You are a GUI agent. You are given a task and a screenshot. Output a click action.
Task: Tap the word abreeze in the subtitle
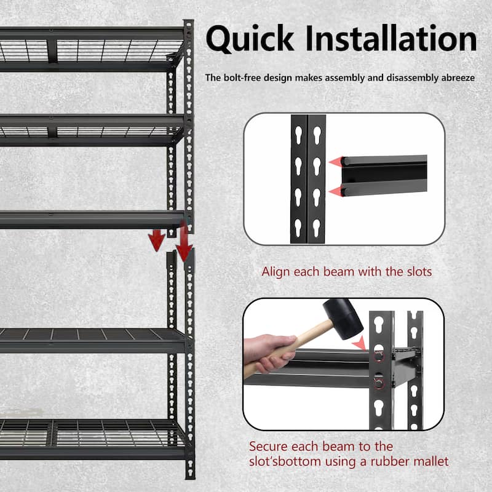[456, 78]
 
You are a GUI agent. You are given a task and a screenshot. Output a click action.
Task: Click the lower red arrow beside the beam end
[335, 191]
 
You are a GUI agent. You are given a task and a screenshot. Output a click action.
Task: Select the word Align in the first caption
[275, 271]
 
